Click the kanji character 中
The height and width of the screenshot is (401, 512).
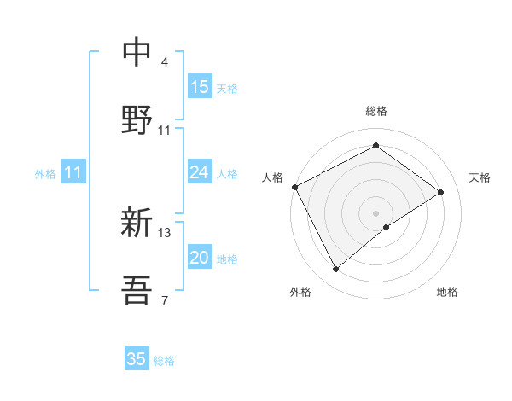[x=137, y=52]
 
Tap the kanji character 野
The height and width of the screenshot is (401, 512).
[x=137, y=120]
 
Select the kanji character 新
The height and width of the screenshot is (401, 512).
[x=137, y=224]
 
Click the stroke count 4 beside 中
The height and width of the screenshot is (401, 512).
[x=165, y=62]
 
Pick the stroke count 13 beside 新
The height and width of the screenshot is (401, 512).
[x=166, y=232]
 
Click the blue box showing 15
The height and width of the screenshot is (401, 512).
[x=200, y=87]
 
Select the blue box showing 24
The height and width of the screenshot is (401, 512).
[x=200, y=173]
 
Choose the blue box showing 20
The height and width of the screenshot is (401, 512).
[x=200, y=258]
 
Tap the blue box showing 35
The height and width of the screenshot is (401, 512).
[x=137, y=359]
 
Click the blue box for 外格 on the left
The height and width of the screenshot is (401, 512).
[x=73, y=173]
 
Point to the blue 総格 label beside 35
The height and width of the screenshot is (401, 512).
[x=164, y=361]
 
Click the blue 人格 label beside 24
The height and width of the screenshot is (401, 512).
[x=227, y=174]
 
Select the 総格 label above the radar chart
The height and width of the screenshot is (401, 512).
[x=375, y=111]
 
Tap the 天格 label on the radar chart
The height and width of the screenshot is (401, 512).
[x=480, y=177]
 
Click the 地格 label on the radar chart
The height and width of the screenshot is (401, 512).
[x=447, y=292]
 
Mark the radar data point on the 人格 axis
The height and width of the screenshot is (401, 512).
[x=294, y=187]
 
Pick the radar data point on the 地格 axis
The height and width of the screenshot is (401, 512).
[x=387, y=227]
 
